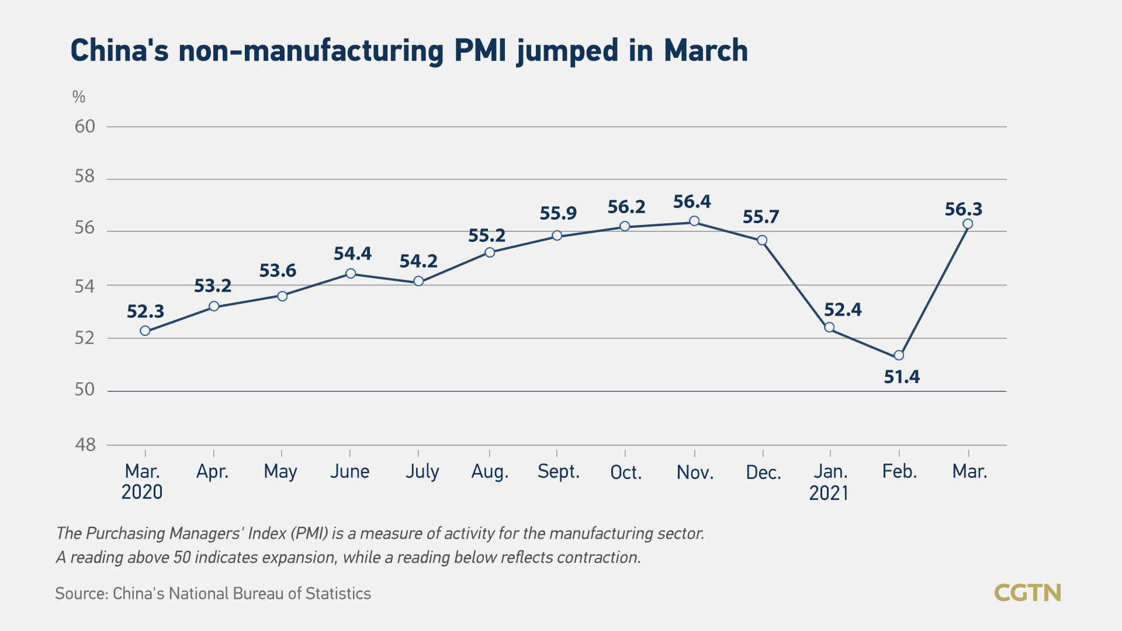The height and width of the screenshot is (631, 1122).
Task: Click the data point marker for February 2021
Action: [899, 355]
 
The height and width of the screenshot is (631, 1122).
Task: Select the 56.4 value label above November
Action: [692, 202]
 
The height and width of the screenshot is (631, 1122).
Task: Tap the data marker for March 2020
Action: [145, 331]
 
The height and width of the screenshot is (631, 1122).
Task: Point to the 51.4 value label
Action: [902, 377]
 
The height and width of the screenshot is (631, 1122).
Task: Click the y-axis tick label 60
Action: [85, 126]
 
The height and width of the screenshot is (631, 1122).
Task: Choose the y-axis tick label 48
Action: [85, 445]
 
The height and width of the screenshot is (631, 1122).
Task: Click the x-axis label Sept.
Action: [558, 471]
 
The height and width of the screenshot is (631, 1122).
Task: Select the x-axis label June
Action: [349, 471]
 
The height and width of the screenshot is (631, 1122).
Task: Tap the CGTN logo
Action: [1027, 593]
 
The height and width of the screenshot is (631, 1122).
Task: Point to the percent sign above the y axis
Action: [79, 97]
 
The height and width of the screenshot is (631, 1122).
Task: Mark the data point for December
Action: [762, 240]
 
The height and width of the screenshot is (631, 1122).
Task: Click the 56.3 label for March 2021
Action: [963, 209]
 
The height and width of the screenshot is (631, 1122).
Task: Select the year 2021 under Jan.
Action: [829, 493]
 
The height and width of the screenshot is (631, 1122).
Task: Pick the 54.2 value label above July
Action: [418, 261]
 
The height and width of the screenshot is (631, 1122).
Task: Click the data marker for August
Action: [490, 252]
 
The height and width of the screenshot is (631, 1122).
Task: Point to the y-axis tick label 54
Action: [85, 286]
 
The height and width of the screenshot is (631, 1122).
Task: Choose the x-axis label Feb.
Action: [899, 471]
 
